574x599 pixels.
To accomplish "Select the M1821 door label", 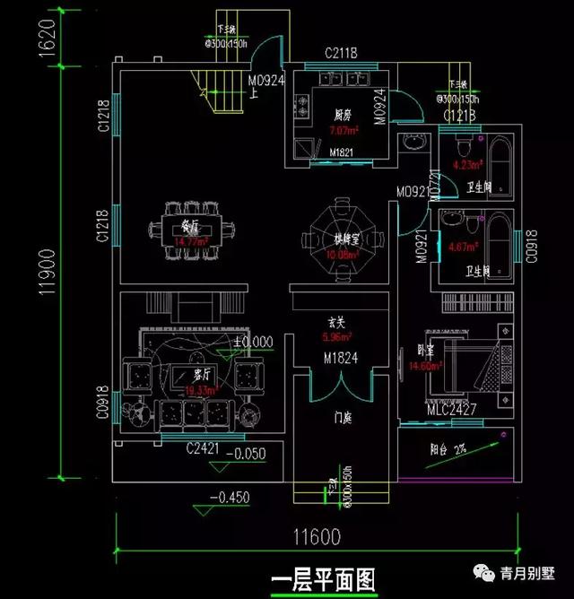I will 340,152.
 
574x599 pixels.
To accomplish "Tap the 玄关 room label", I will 335,324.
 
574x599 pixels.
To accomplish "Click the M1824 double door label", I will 340,359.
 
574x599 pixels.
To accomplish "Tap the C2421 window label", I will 203,447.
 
